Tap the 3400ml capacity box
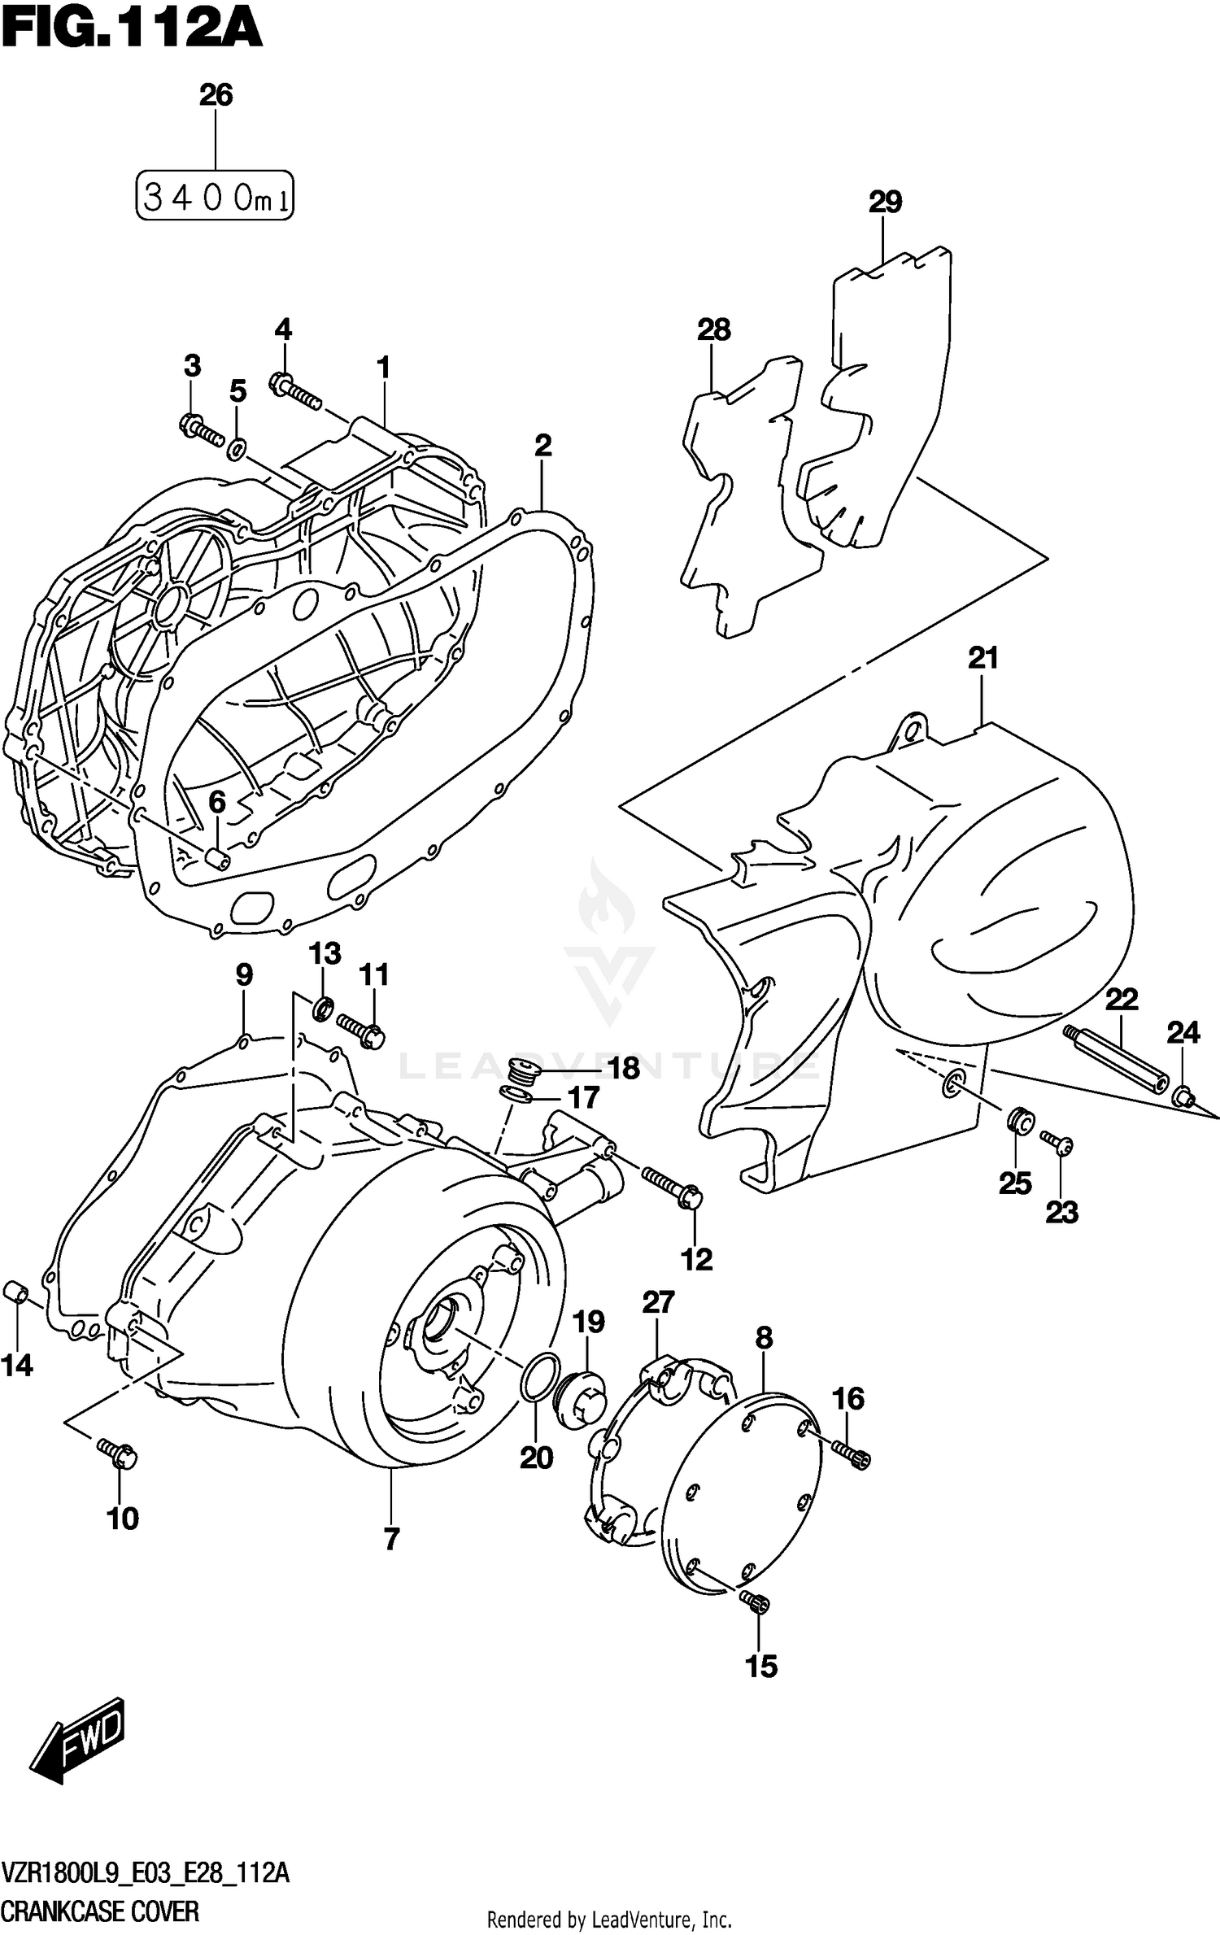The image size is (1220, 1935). pyautogui.click(x=215, y=196)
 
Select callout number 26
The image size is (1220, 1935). pyautogui.click(x=216, y=95)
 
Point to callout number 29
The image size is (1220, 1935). pyautogui.click(x=885, y=201)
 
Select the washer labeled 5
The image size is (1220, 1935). pyautogui.click(x=237, y=447)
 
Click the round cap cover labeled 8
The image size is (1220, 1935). pyautogui.click(x=740, y=1488)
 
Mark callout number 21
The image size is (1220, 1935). pyautogui.click(x=983, y=657)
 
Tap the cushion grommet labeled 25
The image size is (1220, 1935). pyautogui.click(x=1019, y=1121)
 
